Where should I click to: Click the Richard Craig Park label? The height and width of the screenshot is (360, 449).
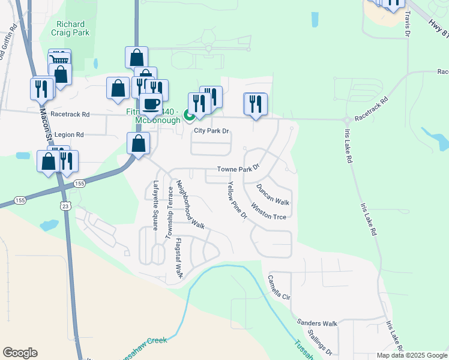click(73, 28)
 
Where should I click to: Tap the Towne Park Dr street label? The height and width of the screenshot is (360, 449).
click(238, 170)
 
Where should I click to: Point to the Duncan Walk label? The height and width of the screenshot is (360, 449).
click(273, 194)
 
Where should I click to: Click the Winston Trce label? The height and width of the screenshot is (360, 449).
click(268, 212)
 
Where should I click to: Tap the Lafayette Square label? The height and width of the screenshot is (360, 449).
click(155, 205)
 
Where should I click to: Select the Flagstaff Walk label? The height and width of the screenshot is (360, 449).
click(178, 257)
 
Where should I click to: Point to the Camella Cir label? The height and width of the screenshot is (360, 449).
click(279, 287)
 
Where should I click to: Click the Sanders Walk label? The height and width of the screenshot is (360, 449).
click(318, 323)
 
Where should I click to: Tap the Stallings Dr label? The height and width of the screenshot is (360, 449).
click(319, 341)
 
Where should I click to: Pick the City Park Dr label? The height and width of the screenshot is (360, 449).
click(211, 131)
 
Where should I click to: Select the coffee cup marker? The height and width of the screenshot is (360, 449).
click(151, 104)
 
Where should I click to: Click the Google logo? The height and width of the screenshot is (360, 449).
click(20, 353)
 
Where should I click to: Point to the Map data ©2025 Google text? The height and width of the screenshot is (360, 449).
click(411, 355)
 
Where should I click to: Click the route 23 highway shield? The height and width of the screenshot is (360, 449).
click(64, 206)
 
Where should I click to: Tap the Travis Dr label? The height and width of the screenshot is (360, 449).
click(408, 24)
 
